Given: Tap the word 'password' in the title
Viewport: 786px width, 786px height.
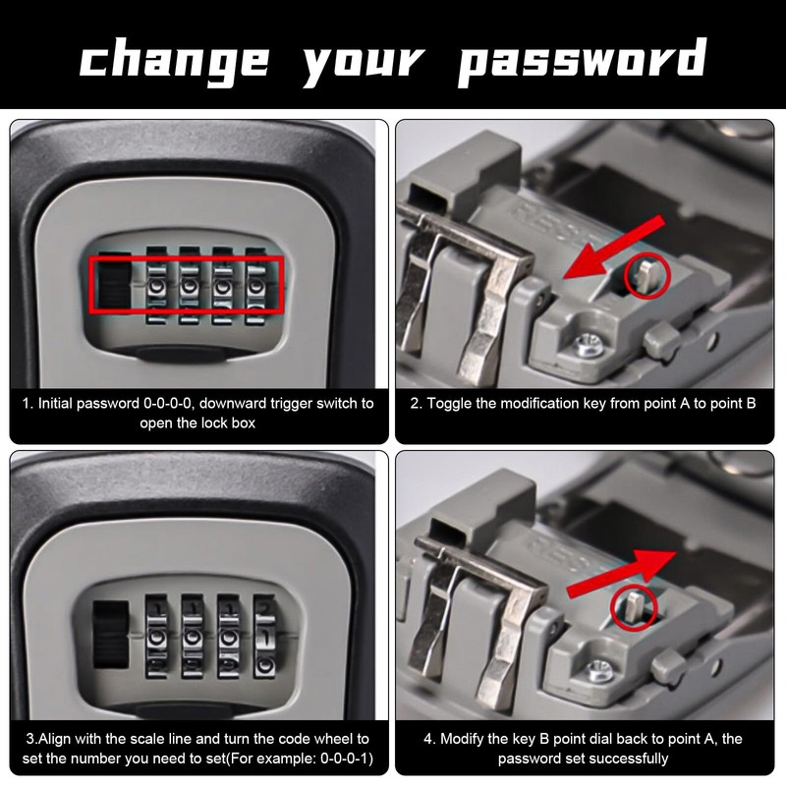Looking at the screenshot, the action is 583,61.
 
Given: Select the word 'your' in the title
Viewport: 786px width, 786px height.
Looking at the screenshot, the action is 364,65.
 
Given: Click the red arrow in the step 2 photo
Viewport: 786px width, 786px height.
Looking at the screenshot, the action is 615,247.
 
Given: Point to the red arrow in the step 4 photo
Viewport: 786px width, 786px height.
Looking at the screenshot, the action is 622,573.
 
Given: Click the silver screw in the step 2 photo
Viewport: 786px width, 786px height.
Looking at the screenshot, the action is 587,346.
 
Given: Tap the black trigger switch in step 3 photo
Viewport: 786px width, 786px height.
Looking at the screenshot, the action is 111,634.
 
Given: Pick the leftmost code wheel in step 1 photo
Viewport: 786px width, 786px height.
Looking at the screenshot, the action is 156,285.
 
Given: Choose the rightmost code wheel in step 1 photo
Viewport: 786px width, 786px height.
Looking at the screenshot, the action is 255,286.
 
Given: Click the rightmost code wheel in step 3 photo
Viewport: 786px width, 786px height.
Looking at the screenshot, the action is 264,637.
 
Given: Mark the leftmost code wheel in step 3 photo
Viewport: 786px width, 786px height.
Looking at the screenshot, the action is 156,637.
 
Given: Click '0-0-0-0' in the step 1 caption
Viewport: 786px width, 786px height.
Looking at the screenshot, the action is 167,404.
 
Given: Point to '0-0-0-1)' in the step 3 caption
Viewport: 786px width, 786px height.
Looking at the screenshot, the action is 347,758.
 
